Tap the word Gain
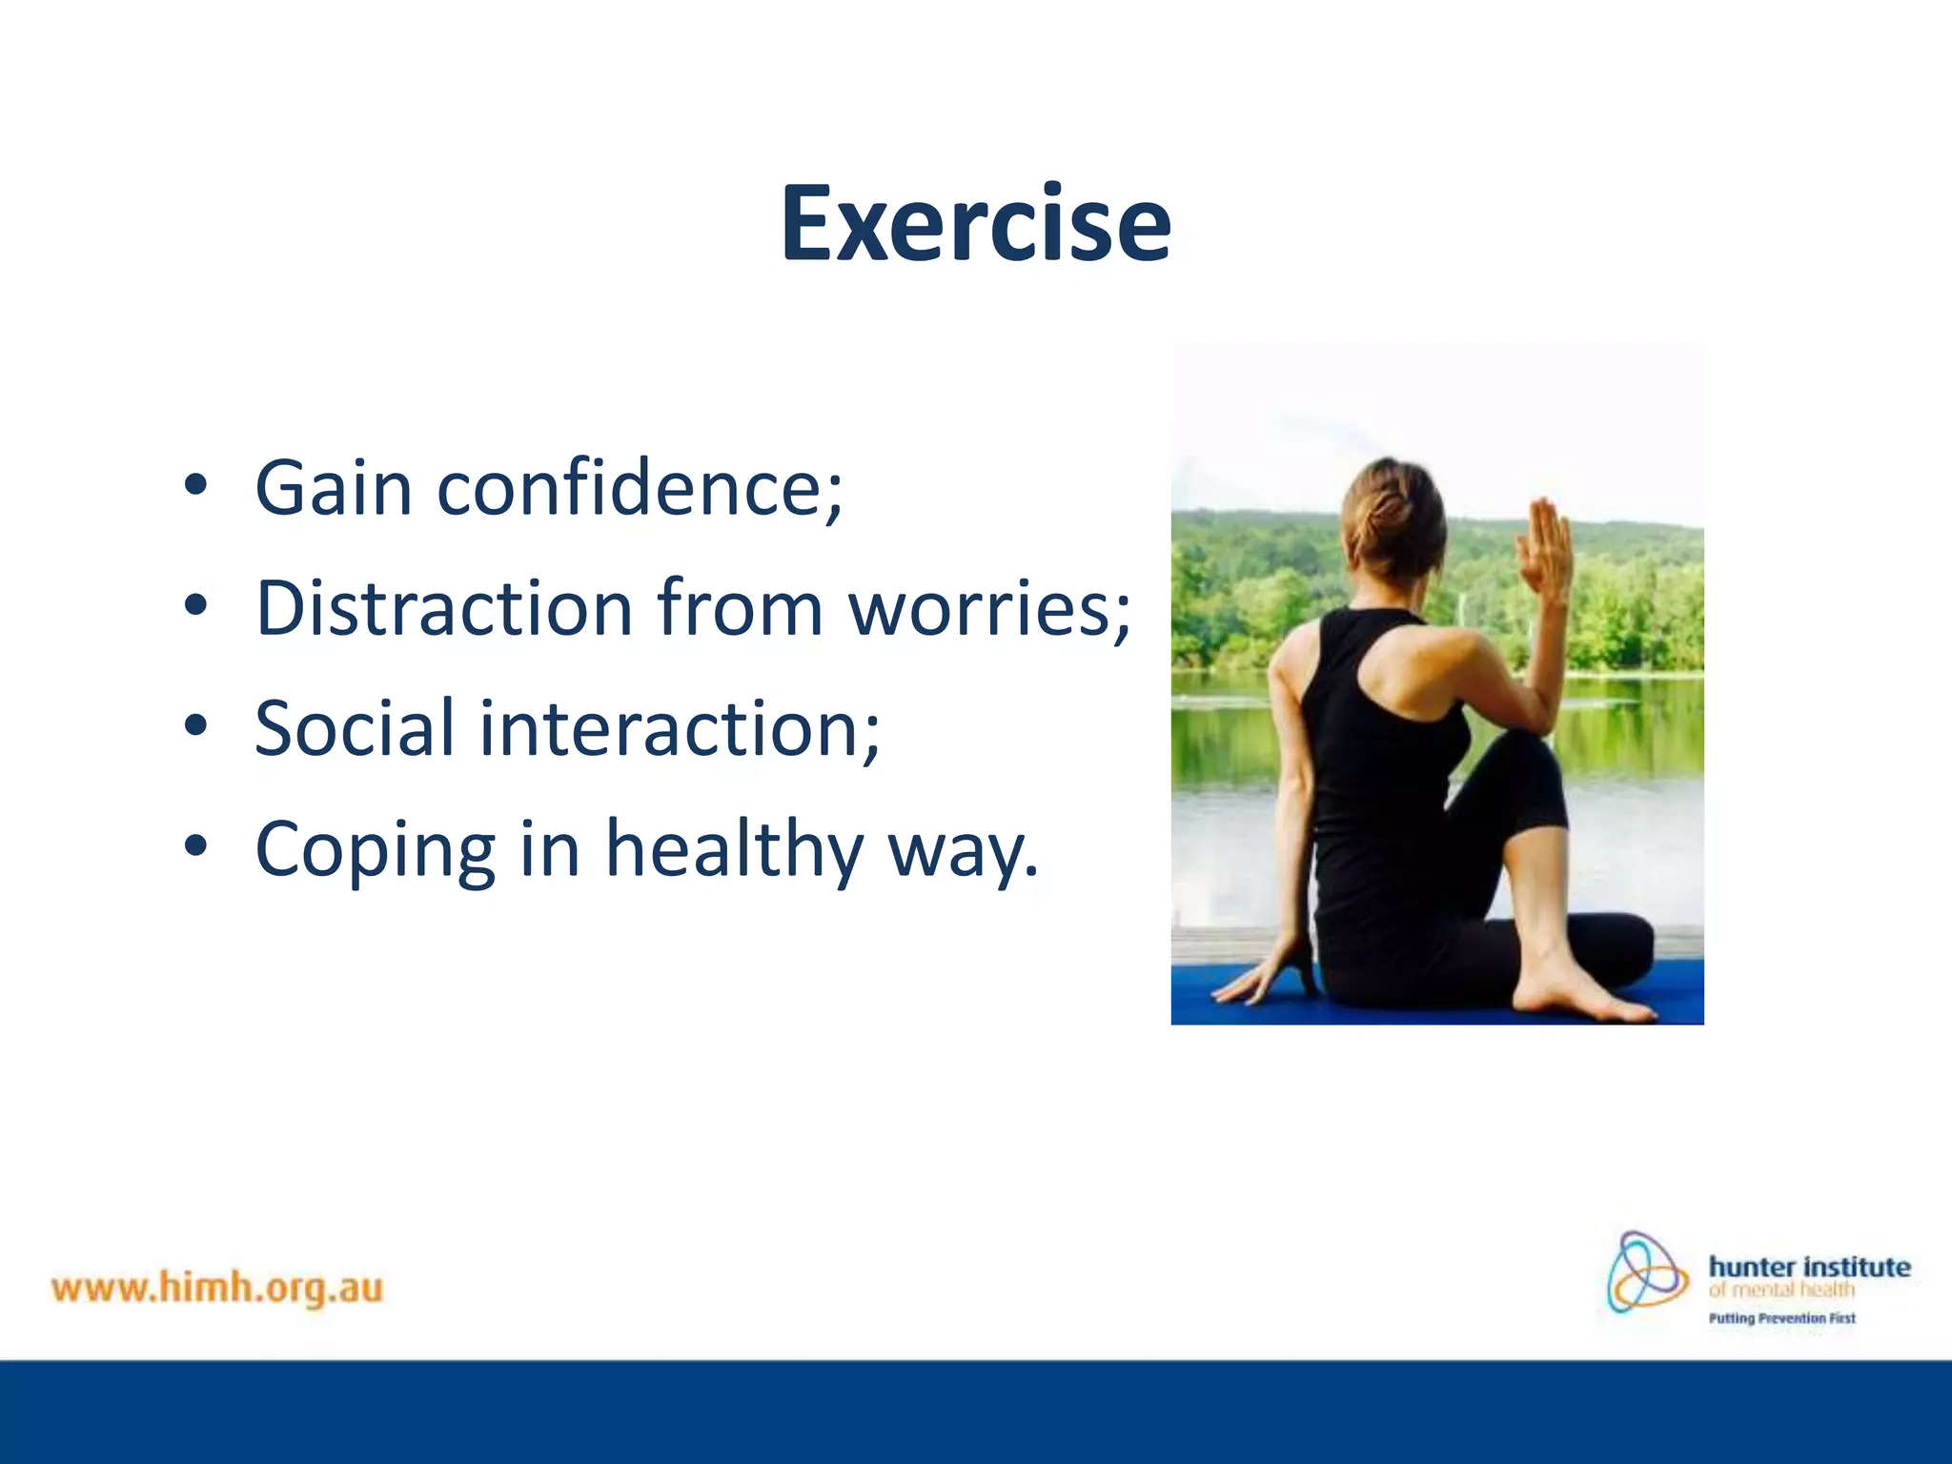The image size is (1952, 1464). (334, 488)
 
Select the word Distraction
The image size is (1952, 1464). (444, 608)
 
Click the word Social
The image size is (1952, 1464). (355, 728)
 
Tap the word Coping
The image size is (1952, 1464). (376, 850)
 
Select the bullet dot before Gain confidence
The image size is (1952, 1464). (195, 485)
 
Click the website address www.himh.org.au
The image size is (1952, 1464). (217, 1289)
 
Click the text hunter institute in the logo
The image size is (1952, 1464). (1809, 1267)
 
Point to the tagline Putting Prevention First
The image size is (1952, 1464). (1781, 1319)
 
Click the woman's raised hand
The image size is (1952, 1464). (1545, 548)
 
